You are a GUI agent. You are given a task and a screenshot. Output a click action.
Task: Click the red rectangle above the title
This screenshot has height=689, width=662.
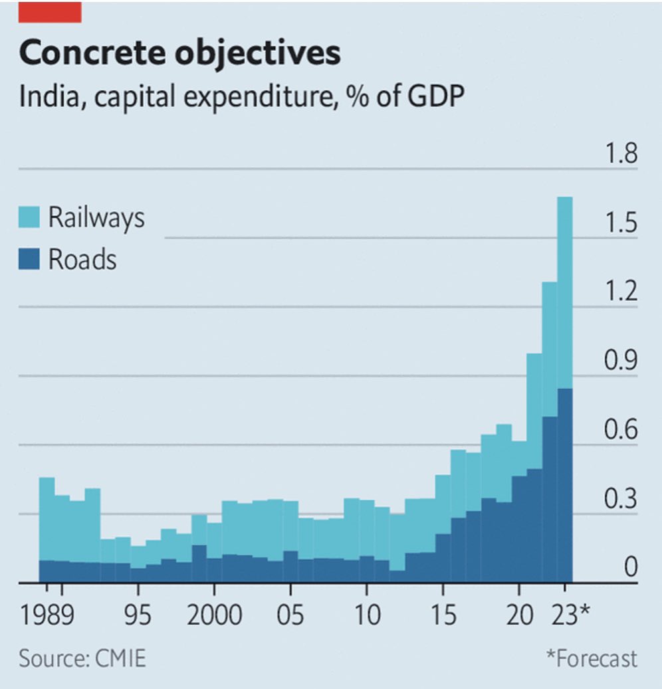[50, 11]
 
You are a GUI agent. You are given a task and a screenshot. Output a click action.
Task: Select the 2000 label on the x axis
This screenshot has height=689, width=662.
[214, 615]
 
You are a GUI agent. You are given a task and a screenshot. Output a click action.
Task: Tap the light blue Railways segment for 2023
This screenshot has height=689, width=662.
[564, 292]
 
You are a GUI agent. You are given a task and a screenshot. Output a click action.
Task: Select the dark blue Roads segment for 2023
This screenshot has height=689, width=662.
[564, 485]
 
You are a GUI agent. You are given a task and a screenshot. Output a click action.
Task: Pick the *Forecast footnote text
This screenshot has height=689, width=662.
[591, 659]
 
